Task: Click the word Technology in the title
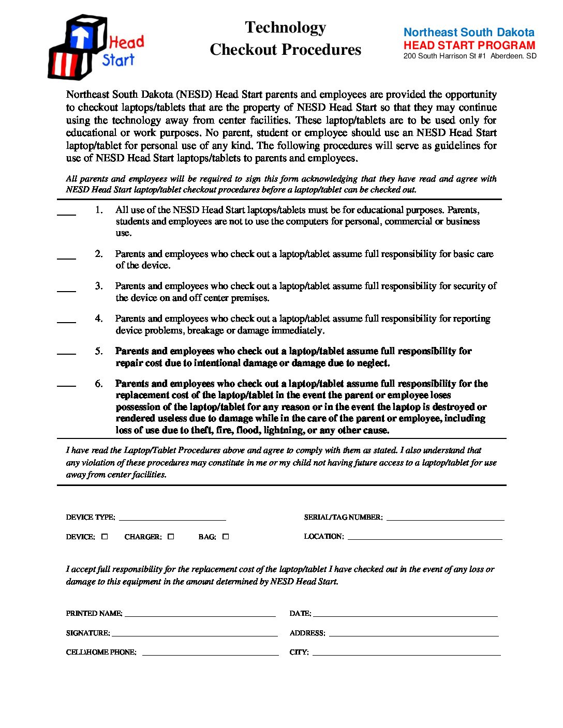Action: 285,27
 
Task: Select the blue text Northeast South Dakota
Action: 468,33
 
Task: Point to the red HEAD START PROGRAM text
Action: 469,45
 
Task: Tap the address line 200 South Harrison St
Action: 469,56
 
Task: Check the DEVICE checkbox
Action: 105,537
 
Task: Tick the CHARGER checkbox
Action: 171,537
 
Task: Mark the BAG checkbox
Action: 225,537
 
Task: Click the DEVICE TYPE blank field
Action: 172,518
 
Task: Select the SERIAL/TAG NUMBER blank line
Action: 445,518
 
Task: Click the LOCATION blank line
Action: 424,537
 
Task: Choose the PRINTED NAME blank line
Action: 200,614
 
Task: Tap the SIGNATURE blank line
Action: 195,633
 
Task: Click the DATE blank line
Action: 405,614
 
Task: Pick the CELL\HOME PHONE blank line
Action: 210,653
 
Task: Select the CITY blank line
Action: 406,653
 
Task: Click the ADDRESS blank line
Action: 413,633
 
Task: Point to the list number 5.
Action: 98,351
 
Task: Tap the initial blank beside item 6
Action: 66,384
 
